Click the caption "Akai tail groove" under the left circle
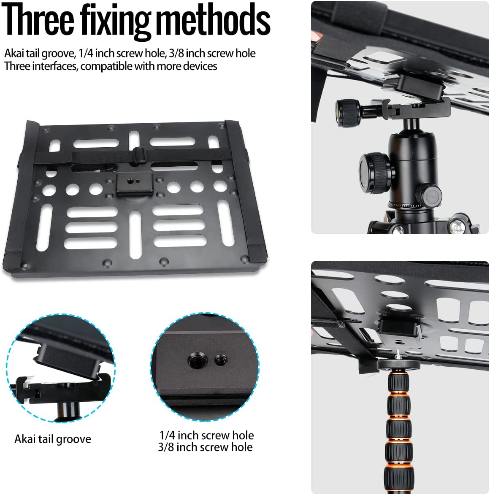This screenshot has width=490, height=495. click(x=53, y=439)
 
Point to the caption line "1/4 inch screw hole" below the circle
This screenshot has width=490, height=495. click(x=206, y=435)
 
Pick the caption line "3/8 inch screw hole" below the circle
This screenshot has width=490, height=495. click(x=205, y=447)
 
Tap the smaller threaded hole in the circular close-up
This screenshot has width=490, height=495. click(x=221, y=359)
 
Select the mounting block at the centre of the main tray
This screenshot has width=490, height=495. click(x=135, y=184)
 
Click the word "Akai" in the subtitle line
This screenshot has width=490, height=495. click(x=14, y=53)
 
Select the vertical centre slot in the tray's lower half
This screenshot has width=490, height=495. click(x=135, y=234)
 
